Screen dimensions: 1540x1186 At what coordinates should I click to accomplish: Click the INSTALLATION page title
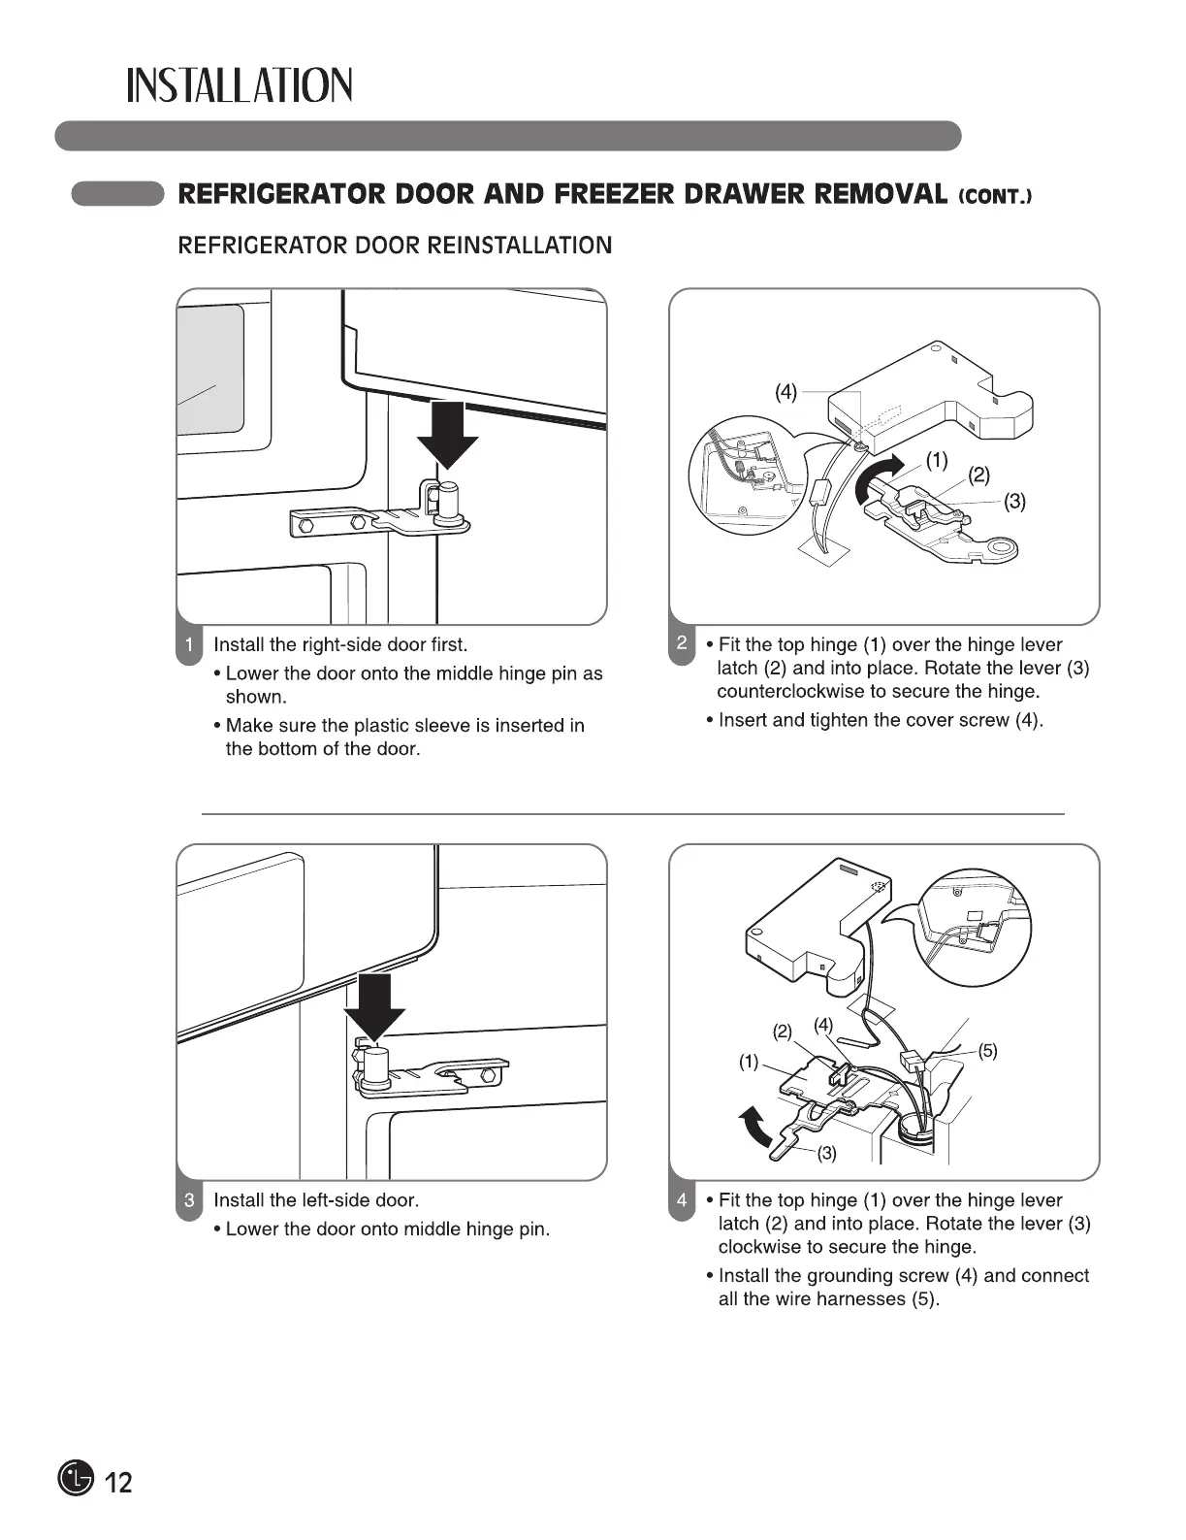(240, 86)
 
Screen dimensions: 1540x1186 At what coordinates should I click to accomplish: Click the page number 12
(118, 1483)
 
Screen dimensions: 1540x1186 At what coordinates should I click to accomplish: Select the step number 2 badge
(682, 645)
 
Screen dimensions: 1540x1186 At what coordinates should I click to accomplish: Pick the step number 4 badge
(682, 1201)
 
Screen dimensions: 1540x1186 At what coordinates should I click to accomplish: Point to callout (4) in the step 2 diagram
(785, 392)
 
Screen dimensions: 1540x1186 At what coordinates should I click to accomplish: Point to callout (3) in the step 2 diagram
(1014, 502)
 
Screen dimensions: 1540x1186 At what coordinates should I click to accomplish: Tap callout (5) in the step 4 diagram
(987, 1051)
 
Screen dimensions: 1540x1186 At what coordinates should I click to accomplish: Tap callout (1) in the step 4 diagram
(749, 1062)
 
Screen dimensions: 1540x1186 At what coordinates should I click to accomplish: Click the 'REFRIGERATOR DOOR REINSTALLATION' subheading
(396, 246)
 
